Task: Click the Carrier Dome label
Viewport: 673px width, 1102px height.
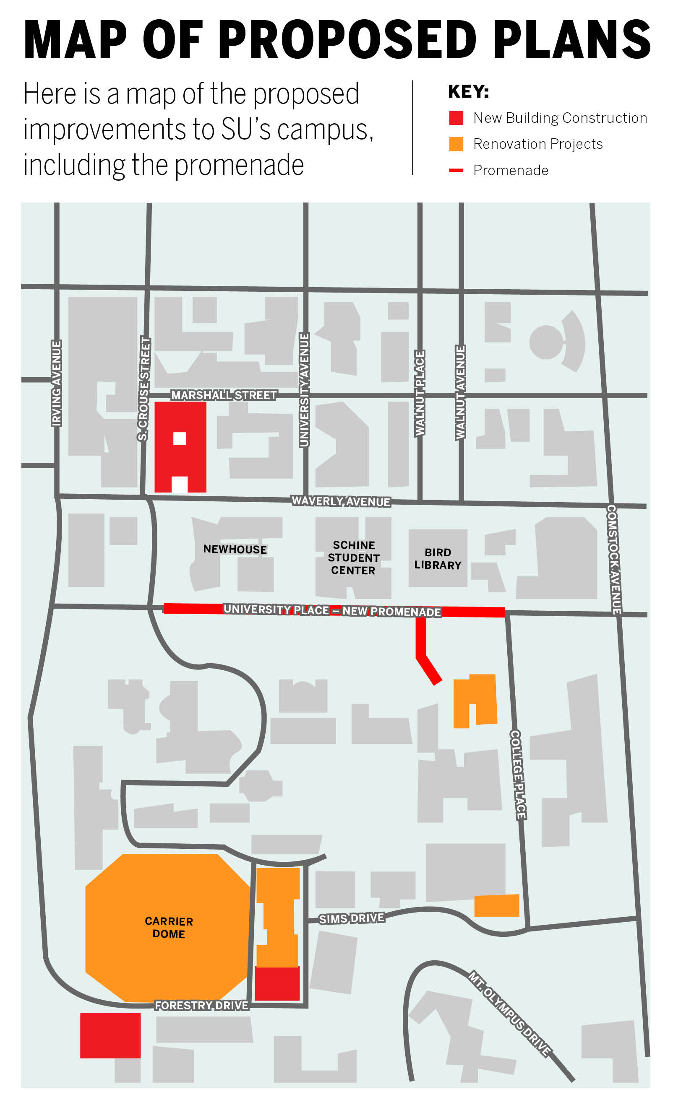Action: point(168,927)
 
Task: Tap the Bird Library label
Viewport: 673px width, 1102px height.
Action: point(438,559)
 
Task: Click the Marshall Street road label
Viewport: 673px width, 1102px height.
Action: point(224,395)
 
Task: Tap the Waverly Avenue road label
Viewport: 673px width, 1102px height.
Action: point(341,501)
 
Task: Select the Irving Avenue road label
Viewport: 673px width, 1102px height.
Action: point(56,383)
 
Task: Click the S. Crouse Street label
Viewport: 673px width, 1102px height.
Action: point(144,389)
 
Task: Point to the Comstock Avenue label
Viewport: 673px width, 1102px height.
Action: point(613,559)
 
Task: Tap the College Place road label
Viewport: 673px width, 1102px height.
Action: point(518,775)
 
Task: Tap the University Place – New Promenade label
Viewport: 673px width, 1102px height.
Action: point(332,610)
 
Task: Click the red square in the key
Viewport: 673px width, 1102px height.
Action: point(456,118)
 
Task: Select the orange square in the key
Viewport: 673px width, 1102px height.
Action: point(456,144)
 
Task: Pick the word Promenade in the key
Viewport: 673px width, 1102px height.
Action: point(511,171)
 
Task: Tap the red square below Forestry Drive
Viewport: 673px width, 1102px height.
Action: point(110,1035)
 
